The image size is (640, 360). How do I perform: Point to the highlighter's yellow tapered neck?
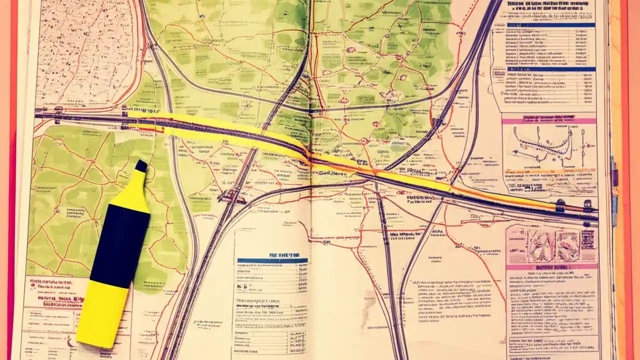tap(134, 192)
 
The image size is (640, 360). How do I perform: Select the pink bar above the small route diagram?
tap(548, 120)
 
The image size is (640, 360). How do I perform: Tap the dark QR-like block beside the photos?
tap(588, 240)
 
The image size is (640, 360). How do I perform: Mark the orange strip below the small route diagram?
tap(550, 171)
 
